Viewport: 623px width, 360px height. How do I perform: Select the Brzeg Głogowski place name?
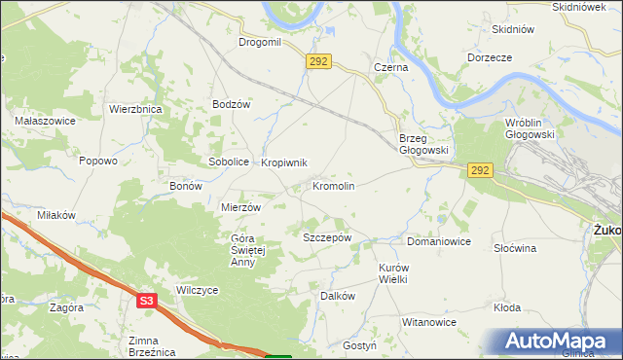(422, 144)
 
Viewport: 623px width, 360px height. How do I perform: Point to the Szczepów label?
(326, 237)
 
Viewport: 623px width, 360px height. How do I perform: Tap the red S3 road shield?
(146, 302)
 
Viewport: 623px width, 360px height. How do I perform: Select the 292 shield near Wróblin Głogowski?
(480, 170)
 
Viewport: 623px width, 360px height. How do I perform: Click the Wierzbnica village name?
(135, 110)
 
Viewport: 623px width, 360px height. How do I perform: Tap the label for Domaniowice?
(439, 240)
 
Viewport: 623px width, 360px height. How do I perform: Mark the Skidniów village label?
(514, 29)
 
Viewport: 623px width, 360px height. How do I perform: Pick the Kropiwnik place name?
(284, 162)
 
